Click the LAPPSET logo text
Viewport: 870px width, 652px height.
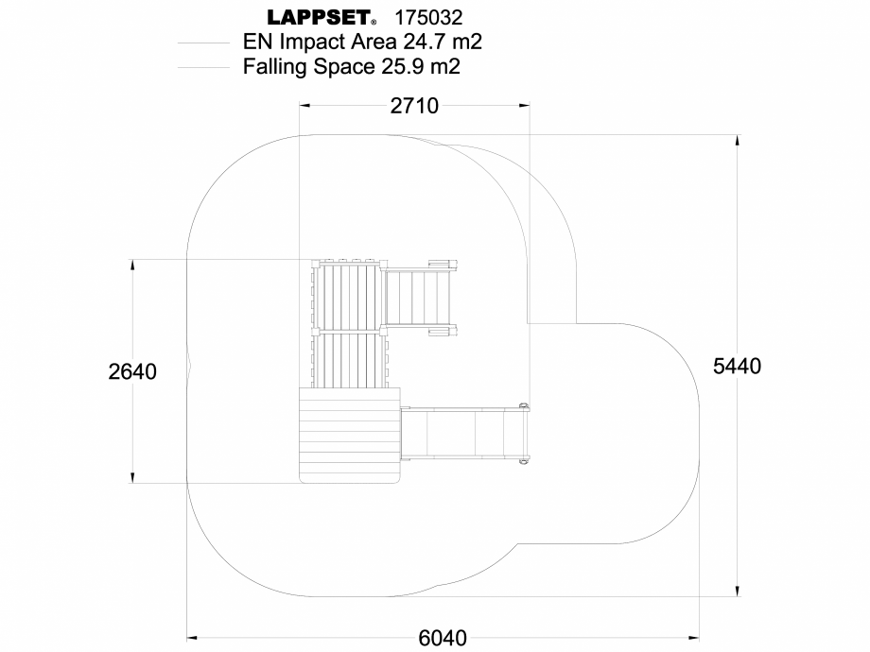coord(320,18)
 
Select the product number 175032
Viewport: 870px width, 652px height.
coord(427,18)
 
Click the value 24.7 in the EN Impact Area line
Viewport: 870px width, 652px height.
coord(426,43)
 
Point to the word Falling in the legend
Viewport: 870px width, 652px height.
coord(276,67)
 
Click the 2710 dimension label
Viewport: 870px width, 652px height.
coord(414,106)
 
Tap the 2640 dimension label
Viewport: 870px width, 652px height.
coord(132,371)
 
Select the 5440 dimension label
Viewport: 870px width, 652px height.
coord(738,366)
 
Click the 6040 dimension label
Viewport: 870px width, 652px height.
coord(443,638)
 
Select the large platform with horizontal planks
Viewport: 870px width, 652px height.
coord(348,436)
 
